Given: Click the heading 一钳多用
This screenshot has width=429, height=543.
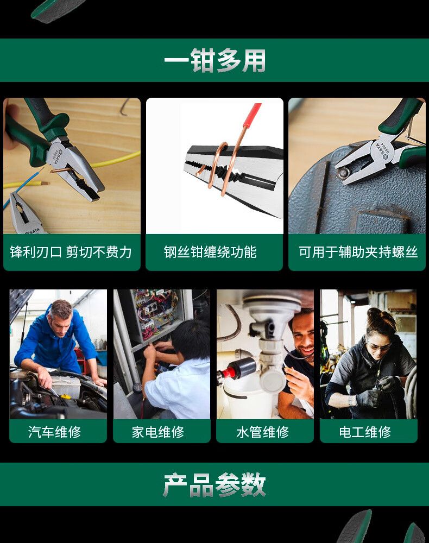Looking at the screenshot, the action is tap(214, 61).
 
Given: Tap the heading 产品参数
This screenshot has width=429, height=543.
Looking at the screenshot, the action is tap(214, 484).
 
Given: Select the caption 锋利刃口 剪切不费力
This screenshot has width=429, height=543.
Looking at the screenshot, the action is tap(71, 252).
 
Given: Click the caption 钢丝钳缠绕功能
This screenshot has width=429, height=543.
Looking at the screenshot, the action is tap(210, 252).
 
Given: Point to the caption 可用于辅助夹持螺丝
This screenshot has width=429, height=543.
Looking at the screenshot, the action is tap(358, 252).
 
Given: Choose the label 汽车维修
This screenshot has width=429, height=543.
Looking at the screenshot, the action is tap(55, 432).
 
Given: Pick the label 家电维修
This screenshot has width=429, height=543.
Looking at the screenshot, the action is tap(158, 432).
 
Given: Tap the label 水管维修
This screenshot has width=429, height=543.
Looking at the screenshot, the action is tap(263, 432).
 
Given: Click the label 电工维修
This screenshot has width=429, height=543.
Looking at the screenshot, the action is tap(365, 432).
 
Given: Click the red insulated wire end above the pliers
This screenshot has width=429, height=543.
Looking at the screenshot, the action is tap(252, 116).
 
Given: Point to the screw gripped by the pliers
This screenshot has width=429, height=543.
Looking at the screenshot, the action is tap(343, 172).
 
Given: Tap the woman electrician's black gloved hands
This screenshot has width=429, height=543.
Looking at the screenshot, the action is tap(377, 392).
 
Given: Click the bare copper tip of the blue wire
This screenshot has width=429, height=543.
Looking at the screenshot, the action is tap(45, 183).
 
